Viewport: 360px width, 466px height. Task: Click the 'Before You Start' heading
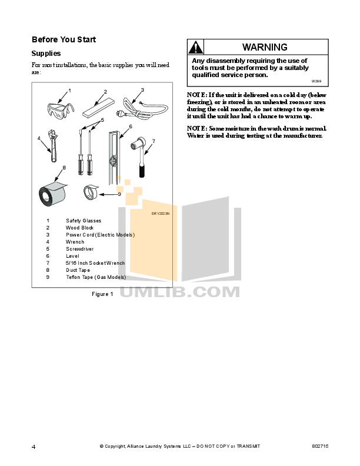[64, 40]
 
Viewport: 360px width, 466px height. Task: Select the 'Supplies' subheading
[46, 53]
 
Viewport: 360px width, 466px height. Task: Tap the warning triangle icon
[196, 48]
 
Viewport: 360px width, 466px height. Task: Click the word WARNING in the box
[265, 47]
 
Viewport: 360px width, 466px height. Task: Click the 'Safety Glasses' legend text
[84, 221]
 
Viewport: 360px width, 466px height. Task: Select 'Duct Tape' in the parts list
[78, 270]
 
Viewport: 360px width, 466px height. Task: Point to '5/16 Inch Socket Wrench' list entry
[95, 263]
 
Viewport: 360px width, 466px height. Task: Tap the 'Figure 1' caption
[102, 294]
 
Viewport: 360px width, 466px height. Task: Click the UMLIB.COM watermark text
[180, 291]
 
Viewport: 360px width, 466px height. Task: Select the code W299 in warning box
[316, 81]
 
